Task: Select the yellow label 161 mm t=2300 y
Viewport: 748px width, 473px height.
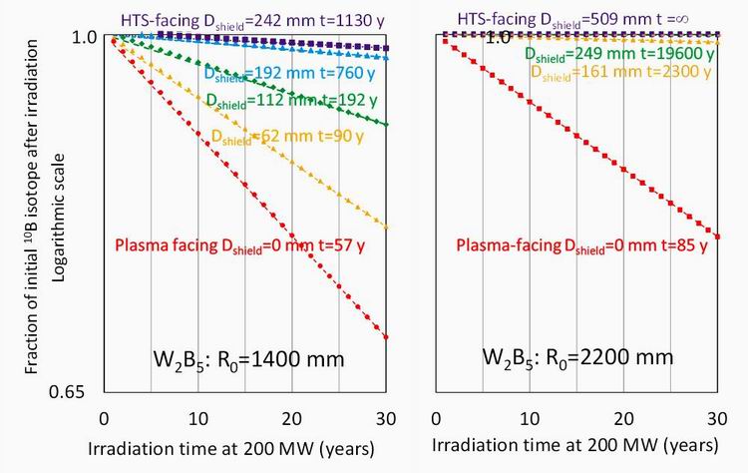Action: (610, 72)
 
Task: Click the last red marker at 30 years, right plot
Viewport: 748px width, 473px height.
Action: (718, 236)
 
